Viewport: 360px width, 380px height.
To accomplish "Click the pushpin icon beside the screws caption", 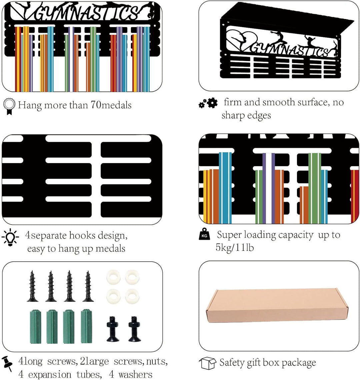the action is [x=7, y=364].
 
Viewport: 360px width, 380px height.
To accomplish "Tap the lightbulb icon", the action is [x=10, y=238].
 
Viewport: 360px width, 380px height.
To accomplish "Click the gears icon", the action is [x=208, y=103].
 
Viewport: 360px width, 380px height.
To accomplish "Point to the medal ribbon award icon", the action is [x=9, y=106].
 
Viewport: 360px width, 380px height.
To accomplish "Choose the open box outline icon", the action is [x=207, y=363].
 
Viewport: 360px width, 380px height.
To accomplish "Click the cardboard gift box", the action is [x=277, y=306].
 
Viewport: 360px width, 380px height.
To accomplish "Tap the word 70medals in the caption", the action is [x=111, y=105].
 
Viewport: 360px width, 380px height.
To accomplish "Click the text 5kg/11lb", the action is [x=235, y=248].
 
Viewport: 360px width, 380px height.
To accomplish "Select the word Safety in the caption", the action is [x=232, y=363].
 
